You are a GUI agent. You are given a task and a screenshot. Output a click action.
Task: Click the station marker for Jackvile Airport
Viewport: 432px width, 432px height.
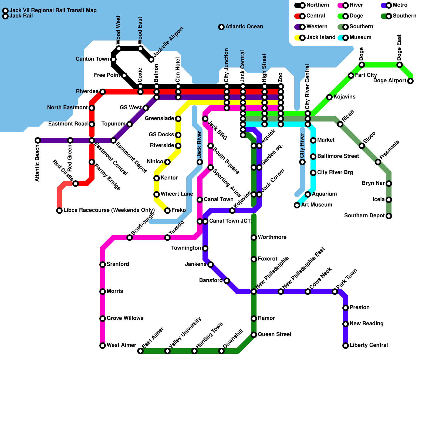pos(151,59)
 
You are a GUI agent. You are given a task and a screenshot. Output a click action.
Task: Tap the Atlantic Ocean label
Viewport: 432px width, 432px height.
pos(244,27)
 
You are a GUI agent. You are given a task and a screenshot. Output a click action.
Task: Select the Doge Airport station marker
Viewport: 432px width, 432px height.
pos(410,81)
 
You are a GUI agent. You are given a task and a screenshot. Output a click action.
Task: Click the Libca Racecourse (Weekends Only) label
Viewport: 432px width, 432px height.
pos(109,210)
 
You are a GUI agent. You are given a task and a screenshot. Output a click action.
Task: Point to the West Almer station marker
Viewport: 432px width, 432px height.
pos(103,346)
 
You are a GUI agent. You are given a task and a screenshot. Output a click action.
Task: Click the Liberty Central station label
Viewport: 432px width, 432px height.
pos(369,345)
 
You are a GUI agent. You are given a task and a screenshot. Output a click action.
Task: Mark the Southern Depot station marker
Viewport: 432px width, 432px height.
pos(389,216)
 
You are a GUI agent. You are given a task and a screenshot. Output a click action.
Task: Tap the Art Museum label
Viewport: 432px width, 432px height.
pos(316,205)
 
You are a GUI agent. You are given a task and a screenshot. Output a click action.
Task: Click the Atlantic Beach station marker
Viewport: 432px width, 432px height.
pos(38,140)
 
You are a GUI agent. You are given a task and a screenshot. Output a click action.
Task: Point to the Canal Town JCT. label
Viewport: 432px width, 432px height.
pos(230,221)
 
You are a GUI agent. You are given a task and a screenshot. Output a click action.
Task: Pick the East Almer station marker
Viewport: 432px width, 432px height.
pos(140,351)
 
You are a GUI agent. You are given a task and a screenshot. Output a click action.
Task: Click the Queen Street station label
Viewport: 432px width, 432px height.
pos(275,335)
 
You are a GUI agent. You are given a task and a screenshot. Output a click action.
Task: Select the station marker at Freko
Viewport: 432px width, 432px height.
pos(167,211)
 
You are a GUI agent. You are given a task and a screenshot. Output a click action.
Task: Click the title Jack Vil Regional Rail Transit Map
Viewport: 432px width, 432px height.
pos(53,11)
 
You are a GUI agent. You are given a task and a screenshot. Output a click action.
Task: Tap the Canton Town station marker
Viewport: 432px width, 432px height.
pos(113,59)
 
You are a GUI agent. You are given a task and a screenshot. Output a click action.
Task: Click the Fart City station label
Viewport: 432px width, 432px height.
pos(366,75)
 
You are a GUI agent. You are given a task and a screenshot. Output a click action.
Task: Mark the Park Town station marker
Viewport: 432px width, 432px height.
pos(335,292)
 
